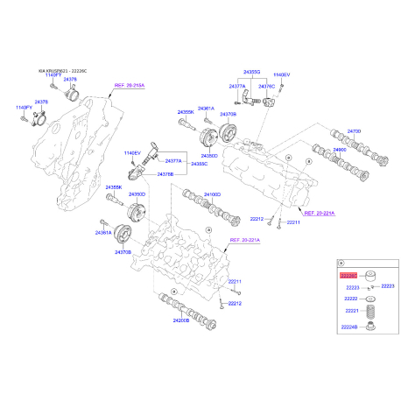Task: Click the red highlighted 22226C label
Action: (x=348, y=274)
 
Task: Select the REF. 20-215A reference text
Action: (x=129, y=86)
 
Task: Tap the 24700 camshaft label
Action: (x=353, y=130)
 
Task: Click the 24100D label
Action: (x=213, y=193)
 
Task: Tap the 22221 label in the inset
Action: (x=351, y=311)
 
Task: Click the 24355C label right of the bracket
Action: (x=200, y=163)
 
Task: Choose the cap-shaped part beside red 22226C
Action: (x=371, y=274)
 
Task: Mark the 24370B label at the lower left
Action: (x=123, y=252)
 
